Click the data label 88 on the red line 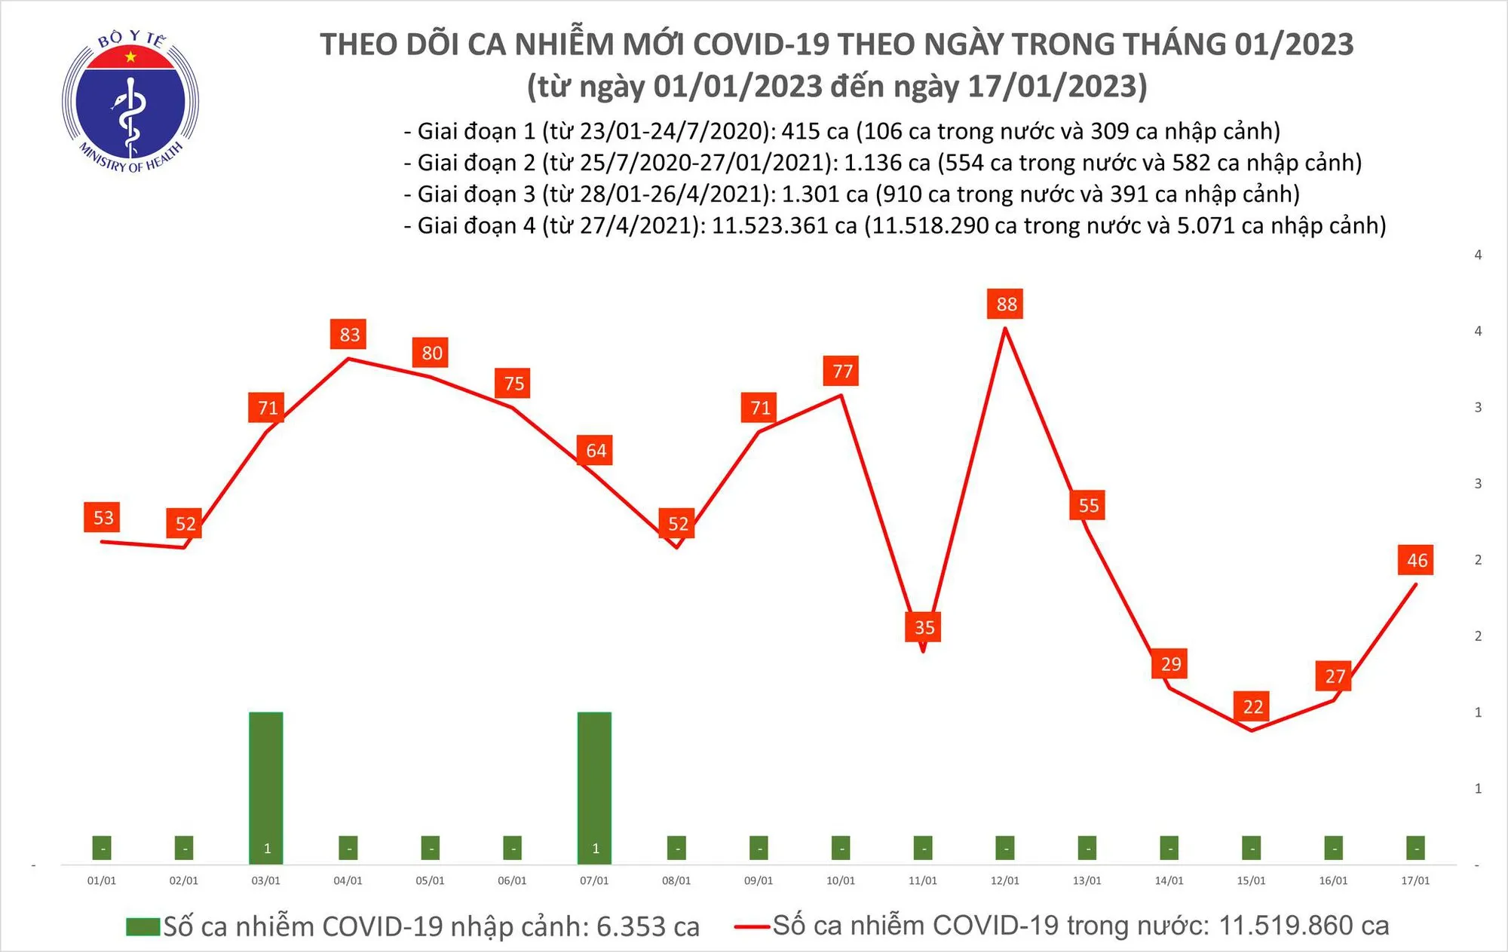pos(1006,304)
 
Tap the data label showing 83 pos(348,334)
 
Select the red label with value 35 pos(924,627)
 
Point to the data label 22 pos(1252,706)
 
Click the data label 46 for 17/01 pos(1416,560)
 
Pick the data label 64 pos(596,450)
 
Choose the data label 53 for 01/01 pos(103,517)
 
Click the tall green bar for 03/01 pos(266,784)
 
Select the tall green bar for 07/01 pos(594,784)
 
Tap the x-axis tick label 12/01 pos(1005,880)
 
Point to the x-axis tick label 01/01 pos(102,880)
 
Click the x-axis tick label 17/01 pos(1415,880)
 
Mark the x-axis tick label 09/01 pos(759,880)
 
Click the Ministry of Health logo pos(130,101)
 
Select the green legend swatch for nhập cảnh pos(143,926)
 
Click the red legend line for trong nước pos(752,926)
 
